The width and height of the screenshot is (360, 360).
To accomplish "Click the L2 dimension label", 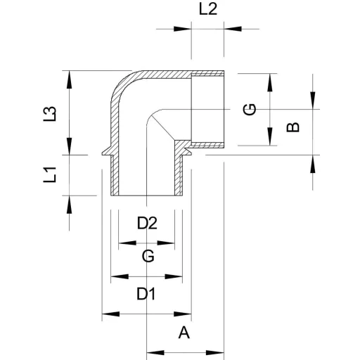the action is (x=208, y=10).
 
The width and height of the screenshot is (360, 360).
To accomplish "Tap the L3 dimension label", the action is (x=50, y=114).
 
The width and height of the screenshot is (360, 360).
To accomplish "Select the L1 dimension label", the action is (x=50, y=174).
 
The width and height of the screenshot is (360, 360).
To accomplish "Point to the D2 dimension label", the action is (x=147, y=223).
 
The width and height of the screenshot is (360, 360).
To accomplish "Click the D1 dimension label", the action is (x=146, y=294).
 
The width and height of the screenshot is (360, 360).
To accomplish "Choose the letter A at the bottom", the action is (x=184, y=333).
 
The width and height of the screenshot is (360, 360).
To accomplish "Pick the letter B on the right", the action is (x=293, y=127).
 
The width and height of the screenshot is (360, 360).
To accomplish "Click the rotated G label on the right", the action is (x=250, y=109).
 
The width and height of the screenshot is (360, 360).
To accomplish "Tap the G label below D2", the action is (x=148, y=256).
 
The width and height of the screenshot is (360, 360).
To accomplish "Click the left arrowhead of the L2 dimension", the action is (x=183, y=29).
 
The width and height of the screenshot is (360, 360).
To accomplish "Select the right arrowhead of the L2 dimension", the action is (x=233, y=29).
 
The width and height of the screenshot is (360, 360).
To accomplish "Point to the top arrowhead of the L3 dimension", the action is (x=69, y=79).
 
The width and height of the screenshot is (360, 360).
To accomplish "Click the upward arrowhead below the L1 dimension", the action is (x=69, y=205).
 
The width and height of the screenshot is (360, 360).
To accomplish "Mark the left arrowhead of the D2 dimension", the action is (x=127, y=243).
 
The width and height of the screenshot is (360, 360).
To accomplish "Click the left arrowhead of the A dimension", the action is (x=155, y=352).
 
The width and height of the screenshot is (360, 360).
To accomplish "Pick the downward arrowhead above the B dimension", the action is (x=313, y=101).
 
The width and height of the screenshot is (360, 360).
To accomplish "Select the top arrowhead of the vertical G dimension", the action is (x=270, y=82).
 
